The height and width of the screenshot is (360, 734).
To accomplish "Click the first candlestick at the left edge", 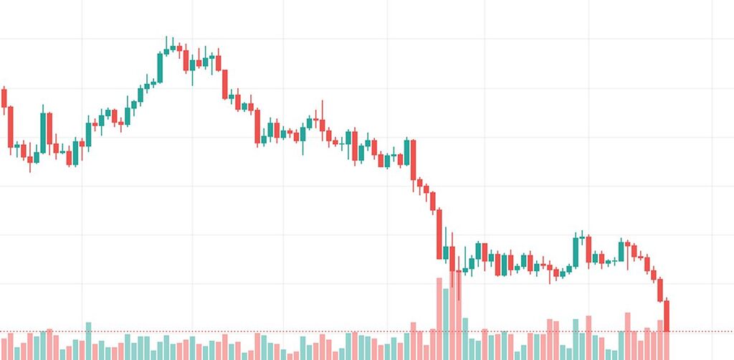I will [x=4, y=98].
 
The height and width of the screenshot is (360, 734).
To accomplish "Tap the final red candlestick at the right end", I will [x=667, y=316].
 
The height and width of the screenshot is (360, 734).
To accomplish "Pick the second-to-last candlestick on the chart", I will [x=661, y=290].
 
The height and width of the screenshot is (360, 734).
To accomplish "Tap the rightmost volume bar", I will [x=667, y=345].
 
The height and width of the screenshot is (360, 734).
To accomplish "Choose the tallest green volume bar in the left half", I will [x=89, y=341].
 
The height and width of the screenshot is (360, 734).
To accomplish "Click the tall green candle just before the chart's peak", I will [x=160, y=67].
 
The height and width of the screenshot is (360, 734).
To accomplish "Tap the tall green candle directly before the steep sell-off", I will [x=407, y=154].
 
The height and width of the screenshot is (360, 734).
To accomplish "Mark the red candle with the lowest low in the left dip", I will [x=30, y=158].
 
